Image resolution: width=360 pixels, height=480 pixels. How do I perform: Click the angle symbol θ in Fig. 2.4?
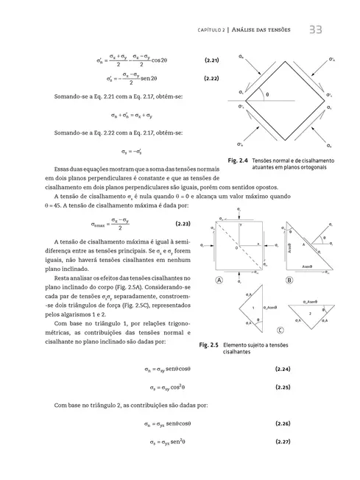point(267,94)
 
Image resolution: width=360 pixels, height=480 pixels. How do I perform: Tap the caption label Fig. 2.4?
point(238,160)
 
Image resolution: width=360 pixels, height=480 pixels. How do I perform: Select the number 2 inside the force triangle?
point(311,312)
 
